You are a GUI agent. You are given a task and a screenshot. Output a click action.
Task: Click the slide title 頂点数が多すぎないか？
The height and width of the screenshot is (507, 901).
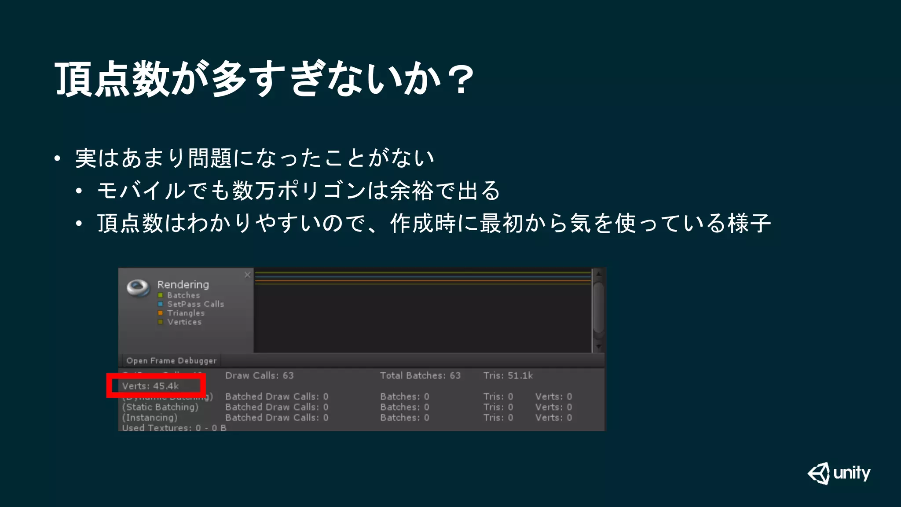[264, 79]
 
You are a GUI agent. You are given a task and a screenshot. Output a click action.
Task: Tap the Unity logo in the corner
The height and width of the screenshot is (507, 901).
[839, 474]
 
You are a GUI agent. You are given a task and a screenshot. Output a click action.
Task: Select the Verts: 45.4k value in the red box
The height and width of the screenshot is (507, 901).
[150, 386]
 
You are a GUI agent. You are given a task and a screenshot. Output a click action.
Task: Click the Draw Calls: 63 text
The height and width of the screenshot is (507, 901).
[259, 376]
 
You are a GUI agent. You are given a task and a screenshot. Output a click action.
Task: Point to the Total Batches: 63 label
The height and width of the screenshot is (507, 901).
[420, 376]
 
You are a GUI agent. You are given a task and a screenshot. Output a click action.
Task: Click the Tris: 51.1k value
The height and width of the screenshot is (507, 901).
[508, 376]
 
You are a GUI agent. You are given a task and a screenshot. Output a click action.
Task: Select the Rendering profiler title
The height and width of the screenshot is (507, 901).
[183, 285]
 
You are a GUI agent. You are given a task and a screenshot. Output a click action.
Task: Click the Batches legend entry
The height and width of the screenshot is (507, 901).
[183, 295]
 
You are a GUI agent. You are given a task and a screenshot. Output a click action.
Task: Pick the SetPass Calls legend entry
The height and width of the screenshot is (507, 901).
[195, 304]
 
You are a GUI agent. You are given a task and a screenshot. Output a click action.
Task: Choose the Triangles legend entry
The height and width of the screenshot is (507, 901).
[186, 313]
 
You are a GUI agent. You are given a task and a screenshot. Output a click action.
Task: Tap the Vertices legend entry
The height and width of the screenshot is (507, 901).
[184, 322]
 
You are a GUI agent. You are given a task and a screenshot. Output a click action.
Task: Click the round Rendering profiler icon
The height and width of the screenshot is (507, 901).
[138, 288]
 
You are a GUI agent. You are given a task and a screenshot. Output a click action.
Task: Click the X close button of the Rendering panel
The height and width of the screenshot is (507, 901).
[248, 275]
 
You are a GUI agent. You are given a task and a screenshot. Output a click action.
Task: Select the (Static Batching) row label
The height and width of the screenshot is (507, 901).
[161, 407]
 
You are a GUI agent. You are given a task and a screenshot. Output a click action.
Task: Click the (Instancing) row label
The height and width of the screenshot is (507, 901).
[150, 418]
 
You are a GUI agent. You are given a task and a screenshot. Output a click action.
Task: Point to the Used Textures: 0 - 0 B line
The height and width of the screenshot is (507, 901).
[174, 428]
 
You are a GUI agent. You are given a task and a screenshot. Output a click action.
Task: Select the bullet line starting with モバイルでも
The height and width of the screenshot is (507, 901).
[298, 191]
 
